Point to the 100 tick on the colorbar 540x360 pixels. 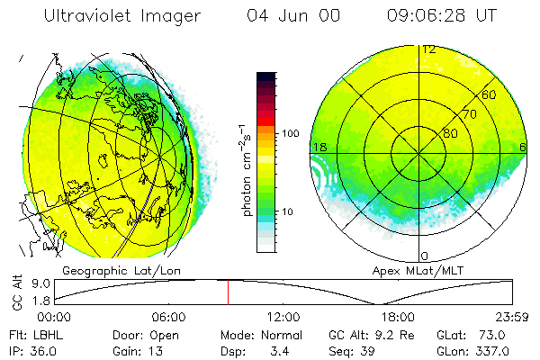291,133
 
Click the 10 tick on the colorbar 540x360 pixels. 287,211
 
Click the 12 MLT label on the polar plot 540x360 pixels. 429,49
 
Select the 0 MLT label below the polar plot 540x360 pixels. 425,256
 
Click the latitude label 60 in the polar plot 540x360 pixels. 489,94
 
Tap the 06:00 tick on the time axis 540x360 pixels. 169,317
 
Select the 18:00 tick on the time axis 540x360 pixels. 398,317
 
